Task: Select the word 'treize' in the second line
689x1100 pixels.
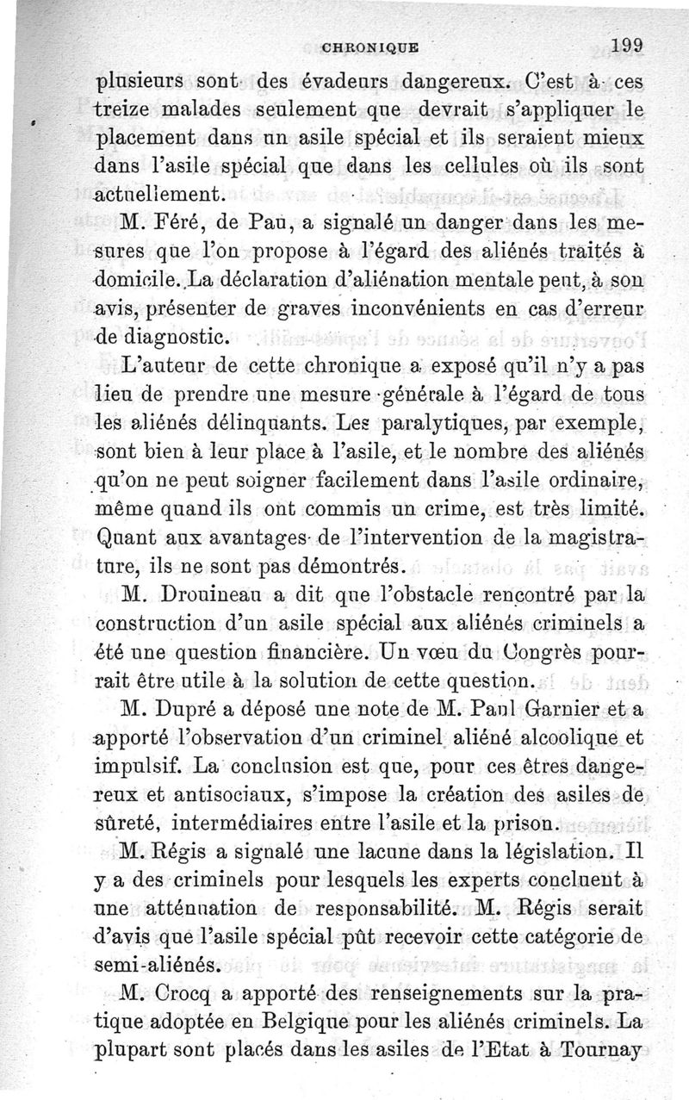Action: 124,110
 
